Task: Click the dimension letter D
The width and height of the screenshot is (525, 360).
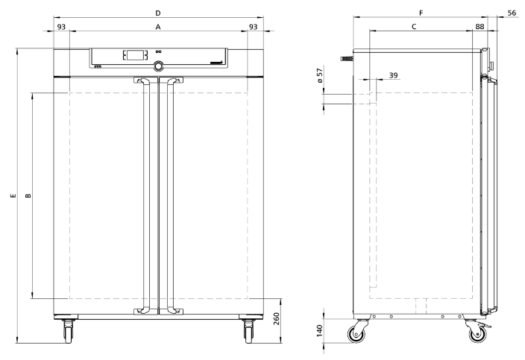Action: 157,13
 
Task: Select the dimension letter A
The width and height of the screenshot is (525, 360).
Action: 157,27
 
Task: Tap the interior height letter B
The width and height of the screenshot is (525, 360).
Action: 28,196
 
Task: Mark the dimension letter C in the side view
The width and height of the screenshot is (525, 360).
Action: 414,27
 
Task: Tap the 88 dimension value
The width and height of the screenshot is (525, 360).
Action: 480,27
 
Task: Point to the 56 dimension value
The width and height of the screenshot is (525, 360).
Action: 512,13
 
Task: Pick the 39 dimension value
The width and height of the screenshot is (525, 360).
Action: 393,76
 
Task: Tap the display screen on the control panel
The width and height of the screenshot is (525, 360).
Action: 134,55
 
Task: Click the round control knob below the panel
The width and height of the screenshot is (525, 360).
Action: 158,66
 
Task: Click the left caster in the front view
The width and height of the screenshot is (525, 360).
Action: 69,330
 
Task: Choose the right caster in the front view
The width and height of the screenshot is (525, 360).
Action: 248,330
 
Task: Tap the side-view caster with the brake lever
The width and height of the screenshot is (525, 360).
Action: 475,332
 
